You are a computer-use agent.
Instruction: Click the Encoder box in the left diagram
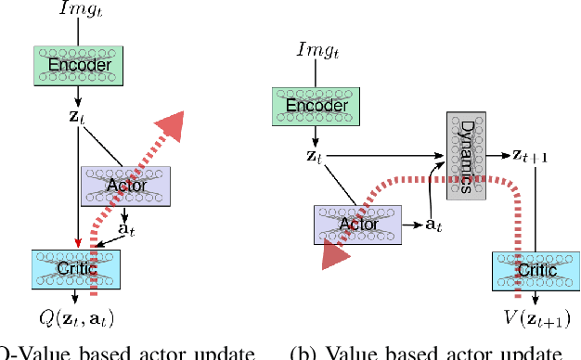[x=79, y=66]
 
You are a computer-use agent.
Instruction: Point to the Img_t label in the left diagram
[x=80, y=12]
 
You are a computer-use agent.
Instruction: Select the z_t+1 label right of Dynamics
[x=530, y=155]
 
